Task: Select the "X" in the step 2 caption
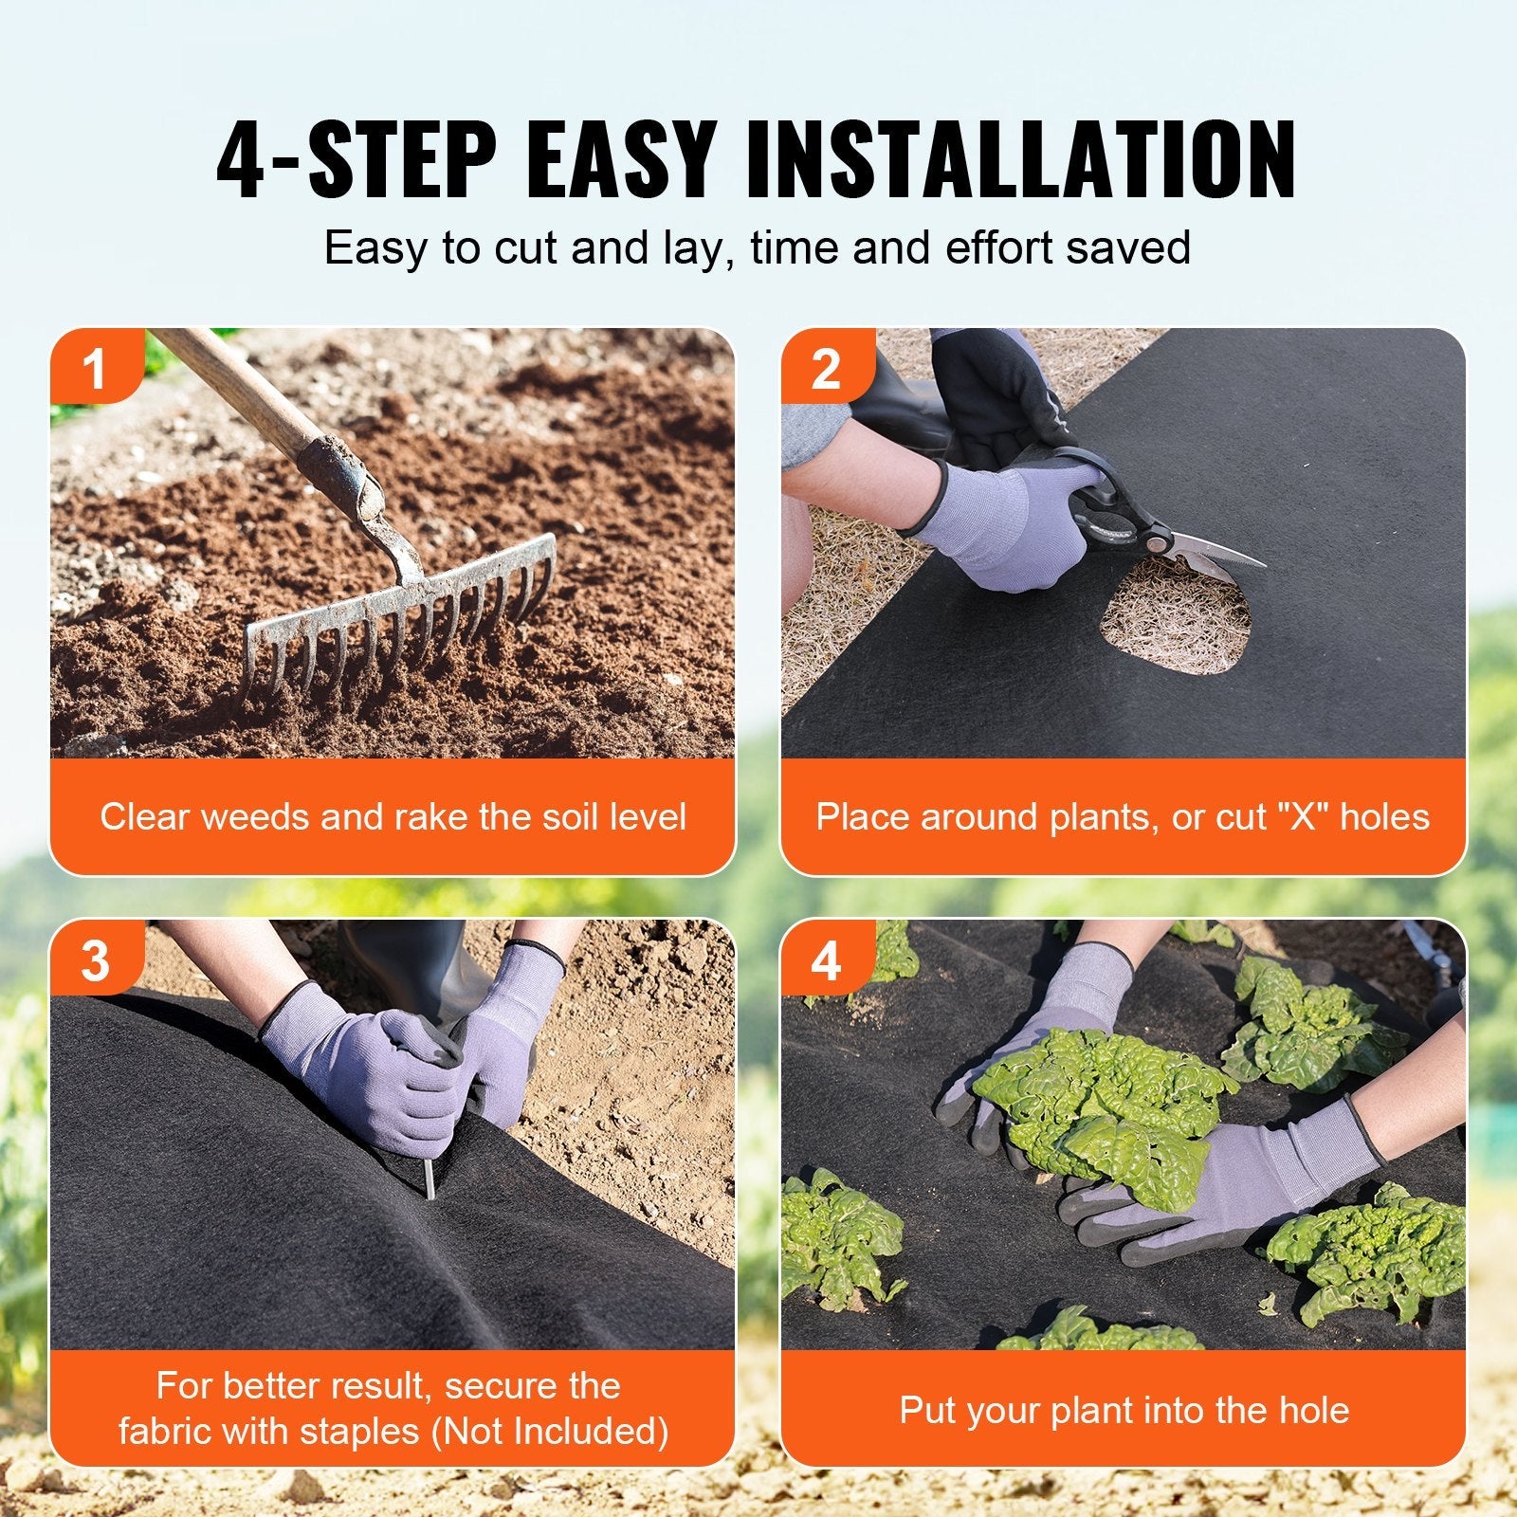coord(1301,816)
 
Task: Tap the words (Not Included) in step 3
coord(550,1431)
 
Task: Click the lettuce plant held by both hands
coord(1100,1100)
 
